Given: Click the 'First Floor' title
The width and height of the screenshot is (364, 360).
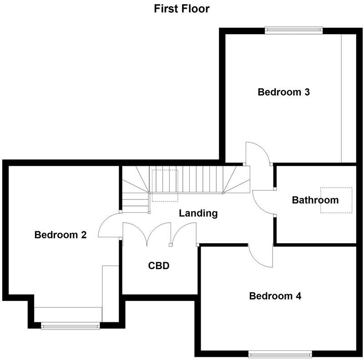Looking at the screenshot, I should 182,8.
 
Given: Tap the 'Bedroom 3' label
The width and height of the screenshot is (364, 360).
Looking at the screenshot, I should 283,92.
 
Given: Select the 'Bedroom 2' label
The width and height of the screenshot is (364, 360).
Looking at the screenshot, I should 61,235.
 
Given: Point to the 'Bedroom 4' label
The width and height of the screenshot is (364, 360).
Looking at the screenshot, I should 275,296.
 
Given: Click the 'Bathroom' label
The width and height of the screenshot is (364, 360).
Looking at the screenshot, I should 315,200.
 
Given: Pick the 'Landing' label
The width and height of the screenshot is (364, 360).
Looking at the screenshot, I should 198,213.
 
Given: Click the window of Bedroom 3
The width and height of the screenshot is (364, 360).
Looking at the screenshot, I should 294,30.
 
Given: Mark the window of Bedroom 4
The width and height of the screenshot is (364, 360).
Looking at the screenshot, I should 280,353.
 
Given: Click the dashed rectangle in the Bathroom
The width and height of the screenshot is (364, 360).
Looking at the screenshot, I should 336,200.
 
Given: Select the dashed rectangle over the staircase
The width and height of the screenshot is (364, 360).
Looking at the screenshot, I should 165,185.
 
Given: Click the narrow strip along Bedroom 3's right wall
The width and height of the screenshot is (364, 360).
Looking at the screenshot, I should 348,98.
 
